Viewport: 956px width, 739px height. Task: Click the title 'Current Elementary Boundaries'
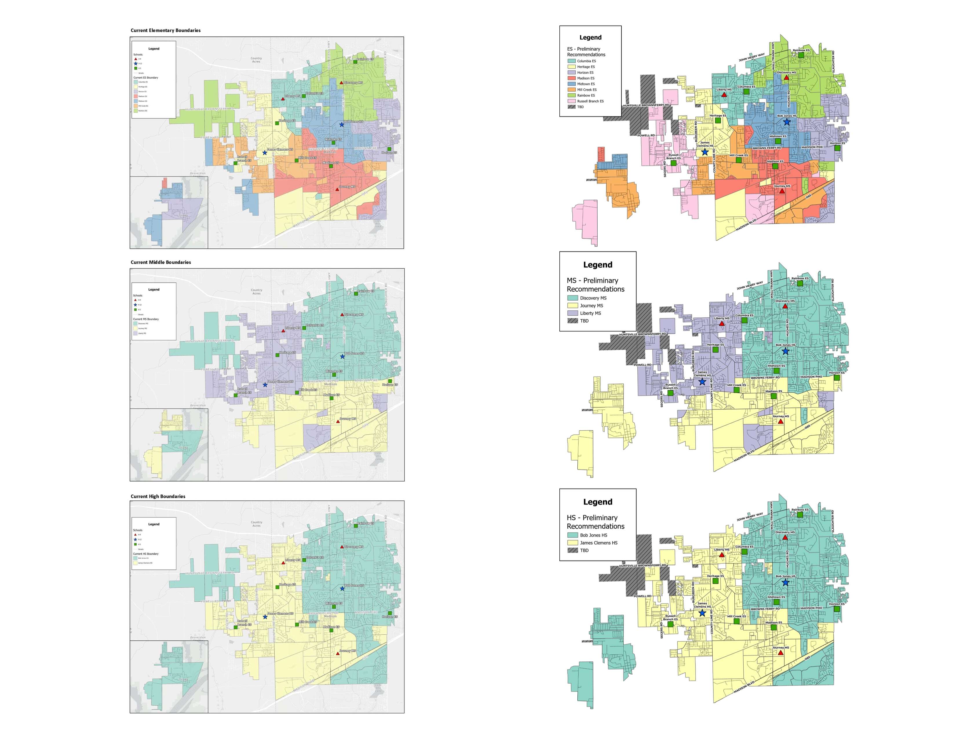(x=165, y=30)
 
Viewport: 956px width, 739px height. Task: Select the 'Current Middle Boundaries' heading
(x=161, y=262)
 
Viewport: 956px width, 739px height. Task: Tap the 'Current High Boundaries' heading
(x=158, y=496)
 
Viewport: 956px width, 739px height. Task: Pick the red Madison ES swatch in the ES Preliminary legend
(x=571, y=78)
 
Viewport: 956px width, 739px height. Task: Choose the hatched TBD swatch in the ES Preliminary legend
(x=571, y=107)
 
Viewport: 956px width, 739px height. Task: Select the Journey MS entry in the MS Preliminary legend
(x=591, y=305)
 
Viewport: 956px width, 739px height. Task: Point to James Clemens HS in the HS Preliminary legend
(x=599, y=543)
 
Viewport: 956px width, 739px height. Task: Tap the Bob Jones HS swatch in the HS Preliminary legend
(x=572, y=535)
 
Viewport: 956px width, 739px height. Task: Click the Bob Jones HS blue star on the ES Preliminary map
(x=787, y=122)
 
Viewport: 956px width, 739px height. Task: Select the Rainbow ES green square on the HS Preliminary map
(x=800, y=515)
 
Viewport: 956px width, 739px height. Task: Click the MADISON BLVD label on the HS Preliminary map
(x=744, y=688)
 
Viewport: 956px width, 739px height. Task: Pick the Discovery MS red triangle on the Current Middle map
(x=342, y=315)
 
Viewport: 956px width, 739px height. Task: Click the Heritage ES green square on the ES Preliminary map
(x=718, y=120)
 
